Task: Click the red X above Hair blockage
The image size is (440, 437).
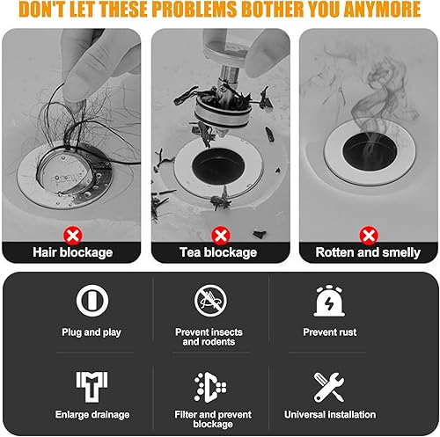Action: point(73,236)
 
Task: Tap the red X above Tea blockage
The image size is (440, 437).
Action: point(221,236)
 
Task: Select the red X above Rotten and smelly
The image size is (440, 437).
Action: point(369,236)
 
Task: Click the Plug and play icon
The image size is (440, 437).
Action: point(92,301)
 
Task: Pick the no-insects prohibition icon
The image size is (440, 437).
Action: point(210,301)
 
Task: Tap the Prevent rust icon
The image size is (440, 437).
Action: point(329,301)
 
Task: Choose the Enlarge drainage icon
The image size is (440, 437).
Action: point(92,387)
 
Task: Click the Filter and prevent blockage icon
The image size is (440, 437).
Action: point(210,387)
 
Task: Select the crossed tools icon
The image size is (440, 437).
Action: point(329,387)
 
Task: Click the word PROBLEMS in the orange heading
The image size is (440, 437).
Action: point(194,9)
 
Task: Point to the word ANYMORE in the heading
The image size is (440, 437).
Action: point(383,9)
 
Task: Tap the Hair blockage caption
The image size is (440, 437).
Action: point(73,252)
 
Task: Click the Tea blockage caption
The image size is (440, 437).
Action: point(218,252)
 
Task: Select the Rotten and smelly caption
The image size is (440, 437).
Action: point(368,252)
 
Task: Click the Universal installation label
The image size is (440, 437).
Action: point(330,414)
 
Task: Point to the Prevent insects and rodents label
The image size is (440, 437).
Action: point(209,337)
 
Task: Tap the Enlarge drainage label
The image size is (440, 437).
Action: point(92,415)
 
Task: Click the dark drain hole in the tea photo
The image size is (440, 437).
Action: point(218,166)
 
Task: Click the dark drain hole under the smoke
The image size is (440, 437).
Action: point(370,151)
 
